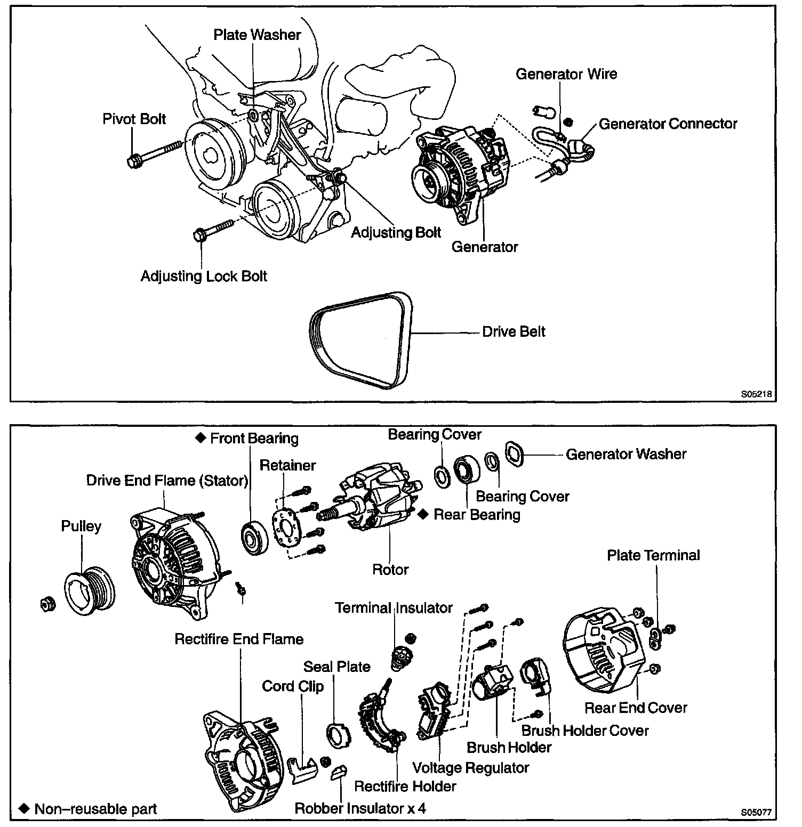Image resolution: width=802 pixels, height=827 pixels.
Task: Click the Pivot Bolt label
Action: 134,118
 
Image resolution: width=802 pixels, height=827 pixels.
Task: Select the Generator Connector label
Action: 668,124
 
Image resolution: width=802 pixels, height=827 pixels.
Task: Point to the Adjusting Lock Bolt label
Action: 204,276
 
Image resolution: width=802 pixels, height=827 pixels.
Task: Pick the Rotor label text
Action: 390,569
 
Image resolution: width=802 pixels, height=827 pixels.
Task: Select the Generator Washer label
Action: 626,454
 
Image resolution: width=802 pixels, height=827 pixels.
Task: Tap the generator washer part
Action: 515,455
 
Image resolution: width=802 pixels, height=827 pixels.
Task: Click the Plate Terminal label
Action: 653,555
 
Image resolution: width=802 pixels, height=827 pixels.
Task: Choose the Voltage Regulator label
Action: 471,767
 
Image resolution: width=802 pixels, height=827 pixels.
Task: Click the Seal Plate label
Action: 336,667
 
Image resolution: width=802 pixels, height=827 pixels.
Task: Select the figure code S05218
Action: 756,395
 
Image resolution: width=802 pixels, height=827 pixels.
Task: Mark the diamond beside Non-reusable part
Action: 23,808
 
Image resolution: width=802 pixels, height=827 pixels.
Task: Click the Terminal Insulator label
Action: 394,607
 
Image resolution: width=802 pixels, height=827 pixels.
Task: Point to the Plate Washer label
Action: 257,35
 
